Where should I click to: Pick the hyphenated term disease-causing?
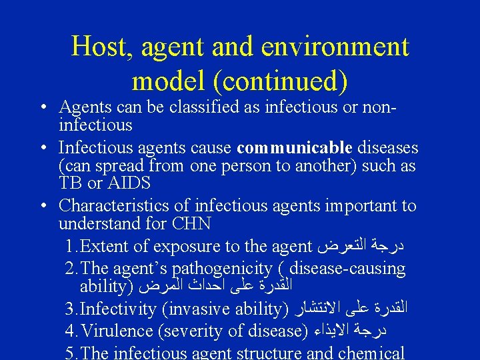[x=349, y=269]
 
